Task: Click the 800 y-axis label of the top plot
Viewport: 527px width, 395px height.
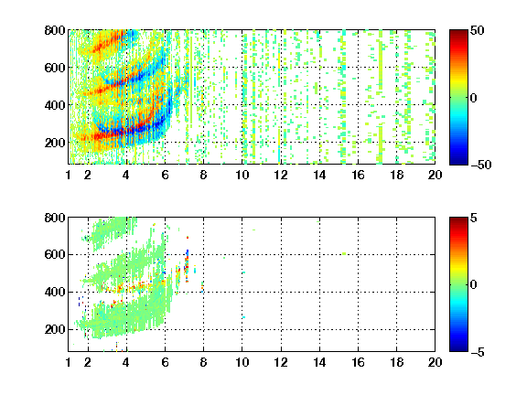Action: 55,30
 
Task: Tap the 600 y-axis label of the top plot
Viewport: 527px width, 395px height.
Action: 55,68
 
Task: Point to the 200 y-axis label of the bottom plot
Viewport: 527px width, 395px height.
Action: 55,329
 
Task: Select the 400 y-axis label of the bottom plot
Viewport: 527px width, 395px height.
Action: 55,292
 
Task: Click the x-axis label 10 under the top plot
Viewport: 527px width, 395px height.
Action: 242,175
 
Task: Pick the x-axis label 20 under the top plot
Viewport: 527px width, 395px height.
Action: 435,175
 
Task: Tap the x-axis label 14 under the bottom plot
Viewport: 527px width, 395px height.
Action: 319,362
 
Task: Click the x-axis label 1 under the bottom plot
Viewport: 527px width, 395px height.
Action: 69,362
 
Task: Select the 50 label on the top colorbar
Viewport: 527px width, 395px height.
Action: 478,30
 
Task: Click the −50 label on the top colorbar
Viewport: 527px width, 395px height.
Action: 481,165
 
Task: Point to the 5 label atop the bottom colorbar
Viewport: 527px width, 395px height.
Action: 474,218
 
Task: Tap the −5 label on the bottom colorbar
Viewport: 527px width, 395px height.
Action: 478,352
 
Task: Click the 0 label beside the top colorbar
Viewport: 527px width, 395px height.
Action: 474,98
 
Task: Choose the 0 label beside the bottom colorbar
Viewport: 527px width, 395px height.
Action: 474,285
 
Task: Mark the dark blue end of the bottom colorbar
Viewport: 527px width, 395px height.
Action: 458,348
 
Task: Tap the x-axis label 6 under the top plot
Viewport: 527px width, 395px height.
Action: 165,175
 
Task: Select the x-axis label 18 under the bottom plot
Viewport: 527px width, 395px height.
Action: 396,362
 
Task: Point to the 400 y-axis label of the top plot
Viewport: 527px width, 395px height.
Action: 55,105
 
